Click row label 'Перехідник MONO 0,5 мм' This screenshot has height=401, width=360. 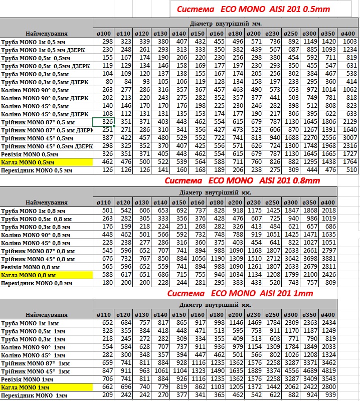pyautogui.click(x=37, y=170)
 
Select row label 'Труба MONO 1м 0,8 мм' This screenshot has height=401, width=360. pyautogui.click(x=33, y=211)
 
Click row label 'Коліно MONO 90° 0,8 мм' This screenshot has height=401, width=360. pyautogui.click(x=35, y=235)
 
